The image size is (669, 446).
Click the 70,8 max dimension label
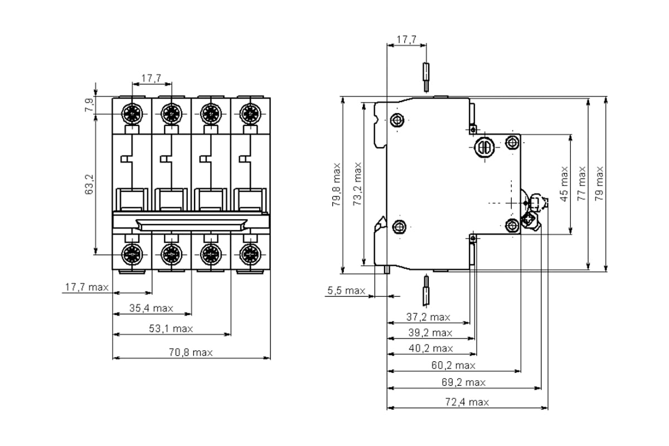coord(191,352)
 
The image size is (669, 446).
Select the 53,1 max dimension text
coord(171,328)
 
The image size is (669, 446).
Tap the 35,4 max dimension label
coord(151,308)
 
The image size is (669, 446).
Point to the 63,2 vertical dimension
coord(89,185)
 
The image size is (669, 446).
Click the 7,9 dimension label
coord(89,105)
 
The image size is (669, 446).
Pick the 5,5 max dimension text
coord(346,290)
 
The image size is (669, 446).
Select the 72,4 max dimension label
coord(467,402)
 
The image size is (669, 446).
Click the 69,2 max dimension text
coord(463,382)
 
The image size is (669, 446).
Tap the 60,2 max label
coord(453,365)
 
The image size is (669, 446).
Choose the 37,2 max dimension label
coord(428,317)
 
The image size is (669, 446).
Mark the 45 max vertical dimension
coord(564,184)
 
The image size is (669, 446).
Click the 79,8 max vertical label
coord(336,185)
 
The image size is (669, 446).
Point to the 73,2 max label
coord(357,184)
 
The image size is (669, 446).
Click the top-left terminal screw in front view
coord(132,114)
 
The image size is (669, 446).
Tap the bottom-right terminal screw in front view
coord(250,255)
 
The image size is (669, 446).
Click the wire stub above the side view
coord(426,77)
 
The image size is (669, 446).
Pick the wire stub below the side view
coord(426,290)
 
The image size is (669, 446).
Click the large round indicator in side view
coord(484,147)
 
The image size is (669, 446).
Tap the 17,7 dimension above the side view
coord(406,40)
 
